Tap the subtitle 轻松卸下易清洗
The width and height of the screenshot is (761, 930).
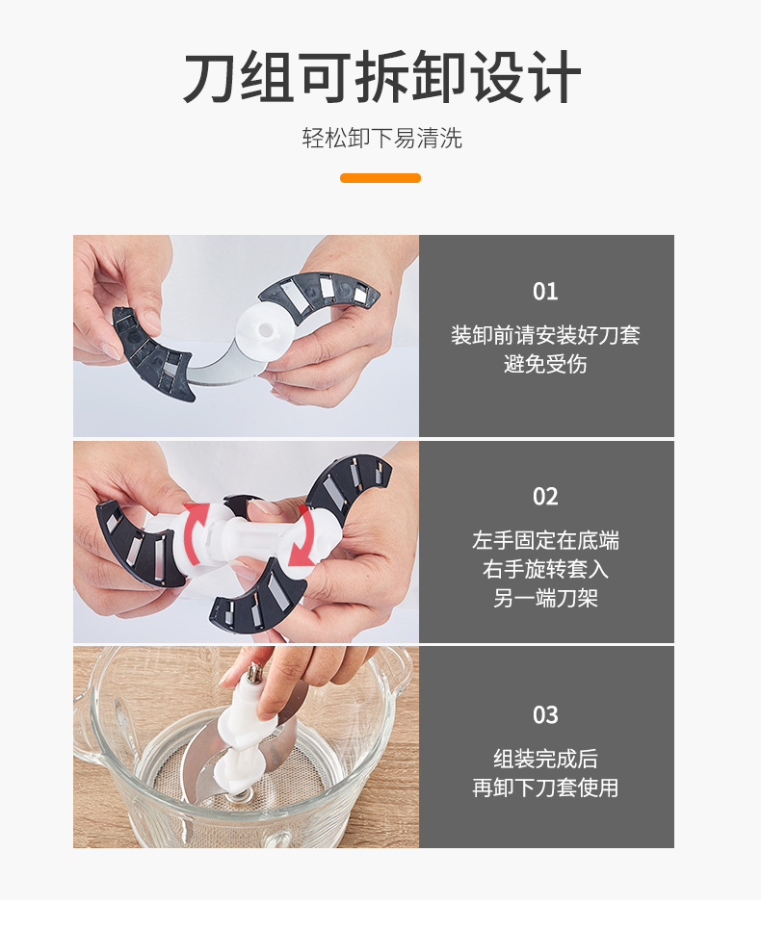(381, 139)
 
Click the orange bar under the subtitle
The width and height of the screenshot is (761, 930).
(380, 178)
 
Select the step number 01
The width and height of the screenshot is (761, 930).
(545, 292)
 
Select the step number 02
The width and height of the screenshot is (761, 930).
(545, 497)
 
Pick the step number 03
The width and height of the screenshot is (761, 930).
(545, 715)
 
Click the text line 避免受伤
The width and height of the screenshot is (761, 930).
(545, 365)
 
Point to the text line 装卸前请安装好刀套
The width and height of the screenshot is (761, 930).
(545, 335)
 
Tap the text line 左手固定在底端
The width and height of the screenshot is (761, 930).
(545, 540)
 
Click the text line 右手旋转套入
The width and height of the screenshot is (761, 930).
(545, 569)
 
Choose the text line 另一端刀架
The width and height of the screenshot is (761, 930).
(545, 598)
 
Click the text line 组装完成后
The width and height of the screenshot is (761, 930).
(545, 759)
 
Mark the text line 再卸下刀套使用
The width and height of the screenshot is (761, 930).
(545, 788)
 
